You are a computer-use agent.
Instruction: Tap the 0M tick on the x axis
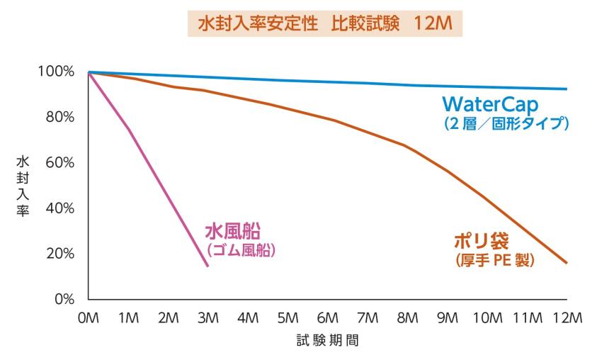tap(88, 318)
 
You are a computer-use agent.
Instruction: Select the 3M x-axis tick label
tap(207, 318)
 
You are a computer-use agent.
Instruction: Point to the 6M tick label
tap(327, 318)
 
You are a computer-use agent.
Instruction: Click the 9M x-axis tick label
tap(447, 318)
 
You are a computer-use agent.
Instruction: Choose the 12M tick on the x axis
tap(566, 318)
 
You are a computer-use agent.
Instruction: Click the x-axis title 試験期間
tap(327, 341)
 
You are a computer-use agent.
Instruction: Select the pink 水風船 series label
tap(233, 231)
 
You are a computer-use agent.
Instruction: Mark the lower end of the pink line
tap(207, 266)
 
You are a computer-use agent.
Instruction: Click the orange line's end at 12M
tap(567, 263)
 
